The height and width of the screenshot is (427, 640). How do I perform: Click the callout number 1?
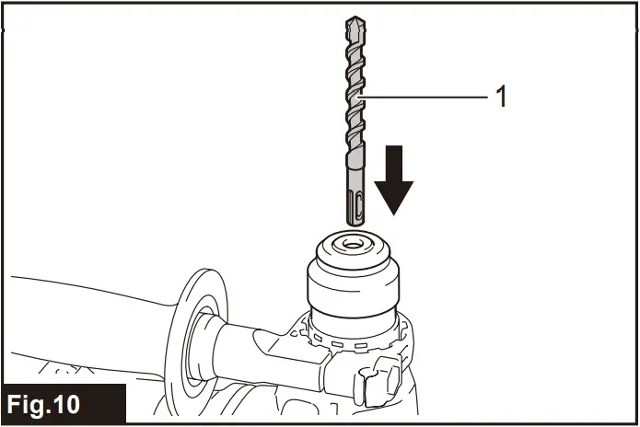tap(502, 97)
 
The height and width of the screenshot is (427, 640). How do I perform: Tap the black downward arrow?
tap(393, 179)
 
